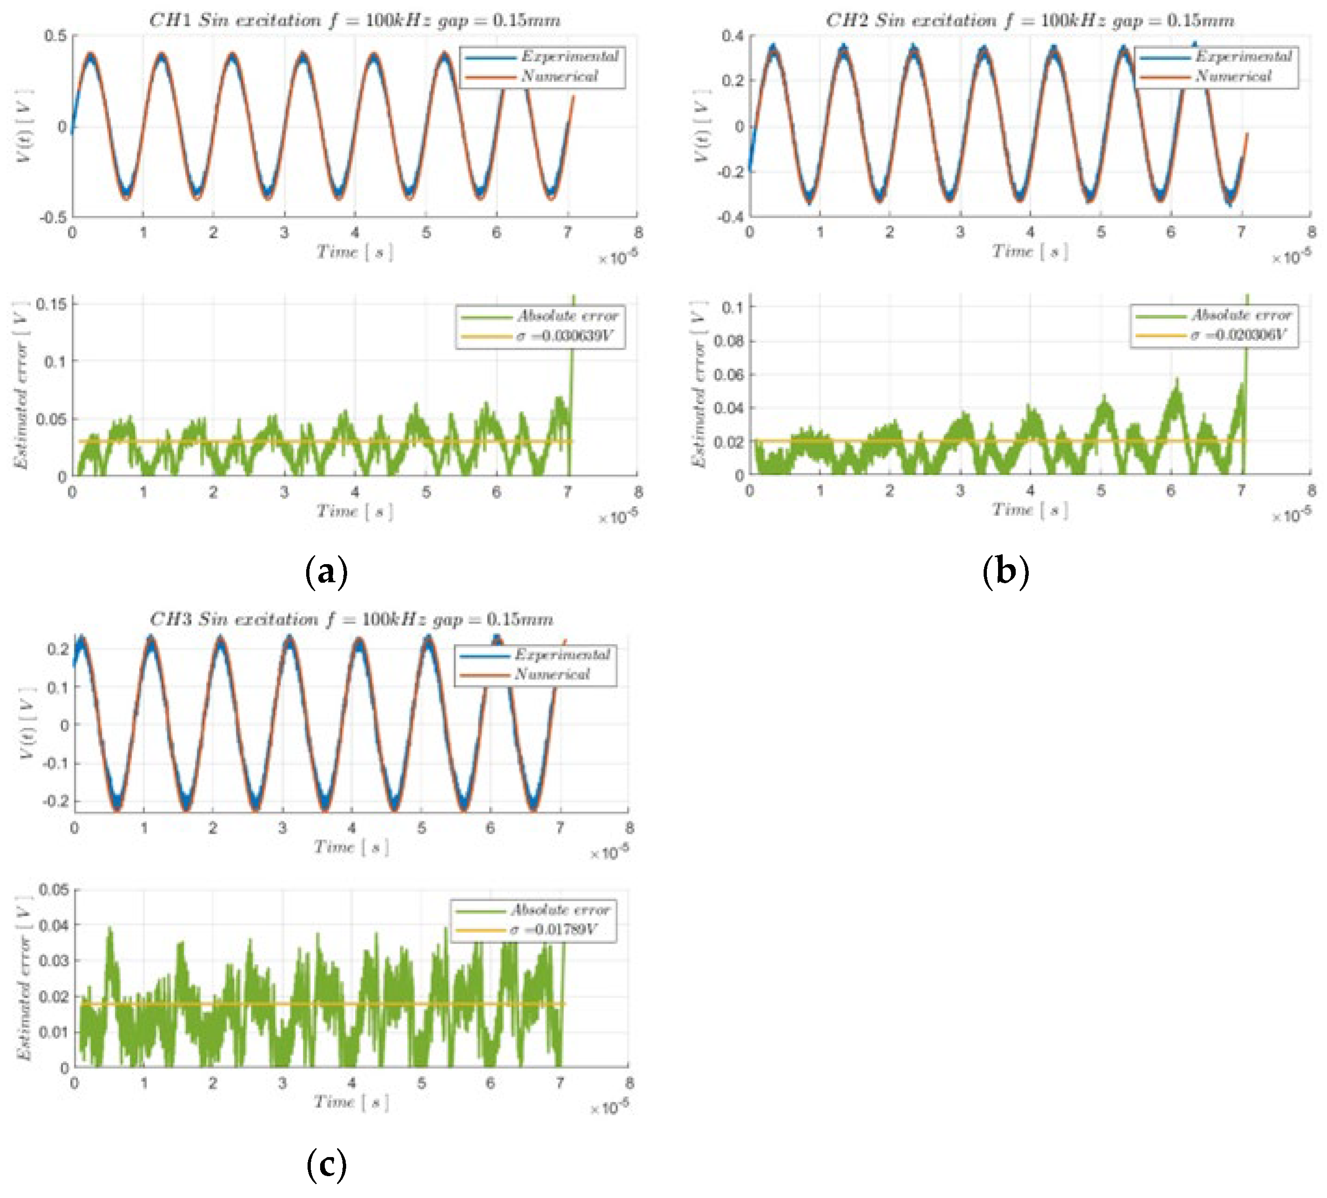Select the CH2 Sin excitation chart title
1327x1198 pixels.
1030,20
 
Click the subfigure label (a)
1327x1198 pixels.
327,572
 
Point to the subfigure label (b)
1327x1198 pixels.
1005,572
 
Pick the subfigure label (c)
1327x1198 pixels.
327,1166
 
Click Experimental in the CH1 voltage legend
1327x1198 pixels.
570,57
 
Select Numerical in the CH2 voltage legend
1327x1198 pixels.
1233,76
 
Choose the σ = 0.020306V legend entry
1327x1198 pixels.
1238,335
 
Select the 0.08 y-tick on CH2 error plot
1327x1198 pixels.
729,341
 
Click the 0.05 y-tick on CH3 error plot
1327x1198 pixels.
54,890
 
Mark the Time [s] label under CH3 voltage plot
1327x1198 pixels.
351,847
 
